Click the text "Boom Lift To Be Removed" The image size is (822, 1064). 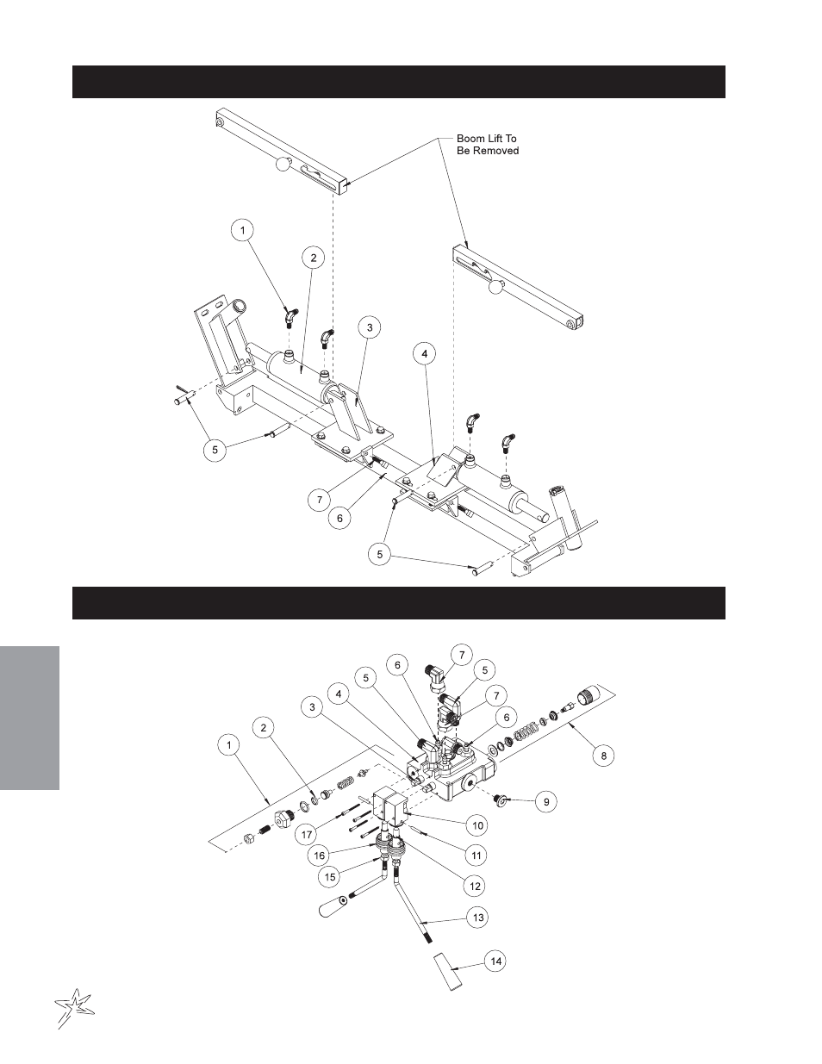487,145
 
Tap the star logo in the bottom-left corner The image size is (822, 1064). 73,1007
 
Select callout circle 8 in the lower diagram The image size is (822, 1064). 604,756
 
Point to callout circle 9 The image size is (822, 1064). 546,801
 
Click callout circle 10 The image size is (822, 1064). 478,825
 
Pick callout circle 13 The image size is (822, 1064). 478,917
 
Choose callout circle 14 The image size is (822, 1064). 496,961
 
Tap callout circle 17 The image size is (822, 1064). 307,834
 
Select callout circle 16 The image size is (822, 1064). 319,856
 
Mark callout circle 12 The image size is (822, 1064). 476,886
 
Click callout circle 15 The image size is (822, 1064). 331,876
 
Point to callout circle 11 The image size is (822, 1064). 476,856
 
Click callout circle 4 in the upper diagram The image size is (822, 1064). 425,353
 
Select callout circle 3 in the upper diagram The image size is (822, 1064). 370,327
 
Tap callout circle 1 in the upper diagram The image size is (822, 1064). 243,230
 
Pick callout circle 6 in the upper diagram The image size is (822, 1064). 339,518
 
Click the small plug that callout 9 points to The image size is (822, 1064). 500,800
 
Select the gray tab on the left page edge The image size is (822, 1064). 29,718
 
